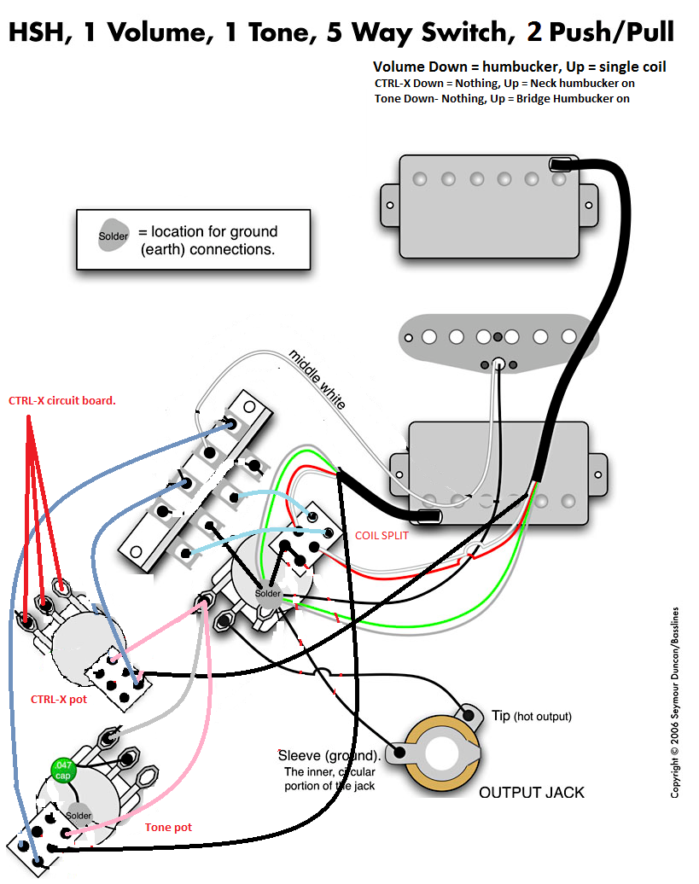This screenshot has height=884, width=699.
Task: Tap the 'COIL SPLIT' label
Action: click(x=381, y=535)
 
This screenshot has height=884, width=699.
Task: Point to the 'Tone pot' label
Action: click(x=168, y=827)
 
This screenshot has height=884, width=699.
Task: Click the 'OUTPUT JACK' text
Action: click(x=531, y=792)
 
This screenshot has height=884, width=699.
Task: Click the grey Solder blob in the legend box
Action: click(x=113, y=236)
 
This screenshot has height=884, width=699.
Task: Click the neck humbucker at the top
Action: click(x=490, y=204)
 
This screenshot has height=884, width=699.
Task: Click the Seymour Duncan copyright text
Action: click(x=675, y=701)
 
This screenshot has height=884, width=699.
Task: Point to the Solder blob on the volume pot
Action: click(x=267, y=593)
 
